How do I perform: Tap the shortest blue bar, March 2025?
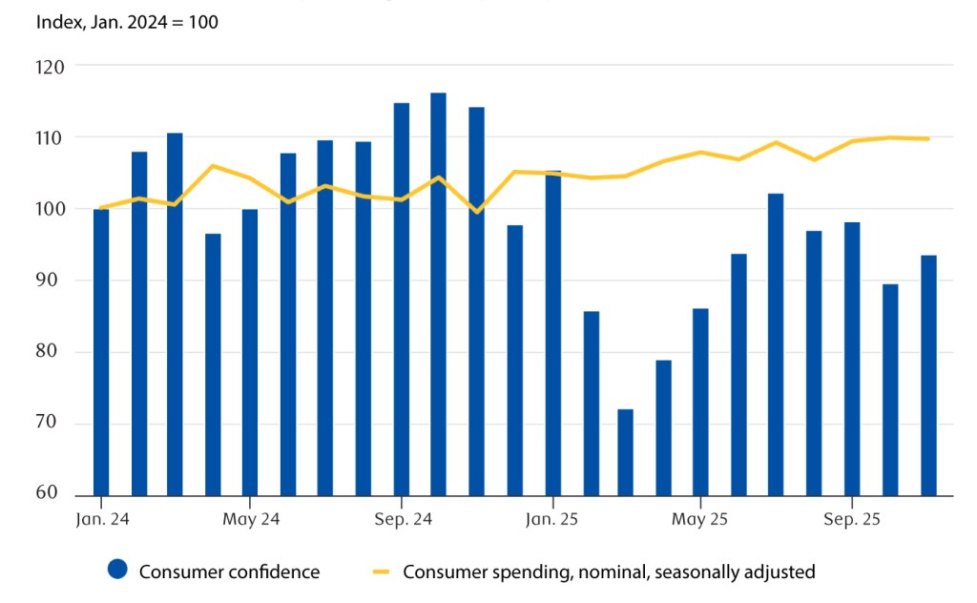tap(625, 452)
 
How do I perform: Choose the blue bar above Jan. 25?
tap(553, 333)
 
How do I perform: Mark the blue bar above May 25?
tap(700, 402)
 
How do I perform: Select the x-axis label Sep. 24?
tap(401, 520)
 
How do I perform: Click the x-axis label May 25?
tap(700, 520)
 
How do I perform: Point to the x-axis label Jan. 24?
tap(100, 520)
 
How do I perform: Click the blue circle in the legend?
tap(117, 572)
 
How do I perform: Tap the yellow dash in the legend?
tap(381, 572)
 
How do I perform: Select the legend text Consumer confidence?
tap(229, 572)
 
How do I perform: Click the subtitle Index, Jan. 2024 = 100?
tap(127, 21)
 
